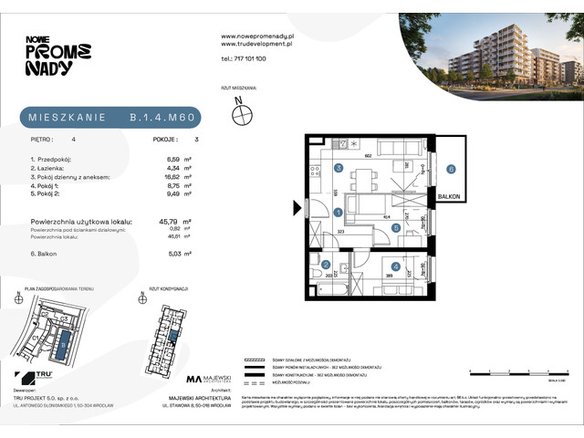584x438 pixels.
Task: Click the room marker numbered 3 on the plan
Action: point(338,168)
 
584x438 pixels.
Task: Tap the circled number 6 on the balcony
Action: point(451,168)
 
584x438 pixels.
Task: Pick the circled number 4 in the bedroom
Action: point(395,266)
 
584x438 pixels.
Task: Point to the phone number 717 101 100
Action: point(244,57)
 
